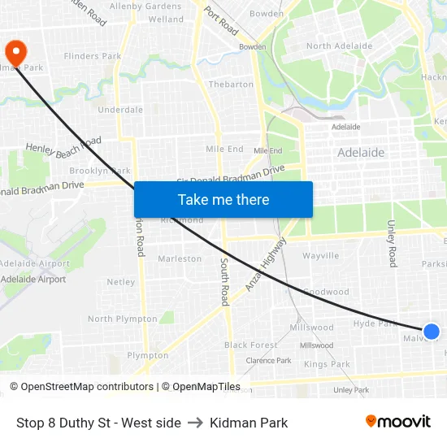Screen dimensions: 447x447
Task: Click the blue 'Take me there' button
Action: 223,199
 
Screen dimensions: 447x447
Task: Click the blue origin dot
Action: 432,331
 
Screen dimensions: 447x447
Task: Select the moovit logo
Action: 397,422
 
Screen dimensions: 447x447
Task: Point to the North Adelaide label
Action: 341,46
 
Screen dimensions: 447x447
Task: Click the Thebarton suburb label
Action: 232,84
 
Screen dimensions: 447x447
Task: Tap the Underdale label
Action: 120,110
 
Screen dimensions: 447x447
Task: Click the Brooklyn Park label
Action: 100,171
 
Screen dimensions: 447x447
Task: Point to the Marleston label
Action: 180,258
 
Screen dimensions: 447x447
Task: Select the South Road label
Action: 224,281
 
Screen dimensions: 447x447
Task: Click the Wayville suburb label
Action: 320,255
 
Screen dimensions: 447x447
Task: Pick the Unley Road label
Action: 392,243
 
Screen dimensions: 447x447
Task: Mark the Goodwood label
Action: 326,292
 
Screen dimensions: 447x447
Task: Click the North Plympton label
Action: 123,319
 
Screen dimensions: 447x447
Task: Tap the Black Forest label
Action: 251,345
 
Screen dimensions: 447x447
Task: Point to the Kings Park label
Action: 327,364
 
